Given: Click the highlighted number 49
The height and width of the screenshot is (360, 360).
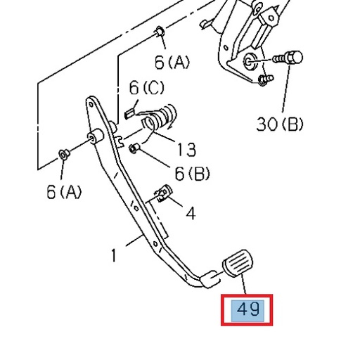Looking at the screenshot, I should (248, 309).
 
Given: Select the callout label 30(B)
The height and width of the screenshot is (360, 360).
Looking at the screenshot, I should (279, 124).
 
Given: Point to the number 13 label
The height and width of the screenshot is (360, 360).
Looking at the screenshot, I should (186, 149).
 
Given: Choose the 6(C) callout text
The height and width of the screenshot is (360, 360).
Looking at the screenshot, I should (146, 88).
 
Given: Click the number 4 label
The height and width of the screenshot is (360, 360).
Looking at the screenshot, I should (190, 212).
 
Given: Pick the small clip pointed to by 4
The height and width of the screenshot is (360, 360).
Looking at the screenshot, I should (164, 193).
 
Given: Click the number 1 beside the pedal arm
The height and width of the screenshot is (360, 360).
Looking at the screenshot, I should (114, 255).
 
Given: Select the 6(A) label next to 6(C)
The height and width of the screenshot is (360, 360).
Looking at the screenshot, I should (172, 63).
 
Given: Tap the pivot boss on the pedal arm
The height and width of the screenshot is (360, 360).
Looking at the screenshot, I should (91, 138).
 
